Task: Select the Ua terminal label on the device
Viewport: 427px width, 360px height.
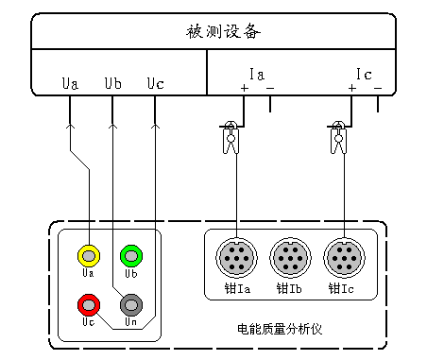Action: pos(70,83)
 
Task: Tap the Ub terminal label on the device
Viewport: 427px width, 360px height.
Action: pos(112,83)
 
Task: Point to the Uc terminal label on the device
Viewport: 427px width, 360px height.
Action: pos(156,83)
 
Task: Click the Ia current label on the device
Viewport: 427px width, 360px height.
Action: pos(256,74)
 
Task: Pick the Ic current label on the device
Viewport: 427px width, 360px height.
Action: pos(364,74)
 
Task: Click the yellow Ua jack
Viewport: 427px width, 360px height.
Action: pos(88,254)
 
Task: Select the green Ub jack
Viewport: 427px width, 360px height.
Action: pos(130,254)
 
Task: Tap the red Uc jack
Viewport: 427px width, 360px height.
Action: pos(88,304)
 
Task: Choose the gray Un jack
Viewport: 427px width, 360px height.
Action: pos(130,304)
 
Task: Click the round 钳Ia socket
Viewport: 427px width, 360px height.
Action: pos(235,256)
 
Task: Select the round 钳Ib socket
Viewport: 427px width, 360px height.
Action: pos(289,256)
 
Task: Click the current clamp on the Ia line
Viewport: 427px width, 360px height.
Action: pos(229,138)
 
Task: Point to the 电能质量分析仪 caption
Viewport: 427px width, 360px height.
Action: pos(280,329)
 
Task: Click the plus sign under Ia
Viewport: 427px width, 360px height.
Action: pos(244,89)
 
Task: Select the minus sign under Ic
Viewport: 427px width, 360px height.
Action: pos(378,89)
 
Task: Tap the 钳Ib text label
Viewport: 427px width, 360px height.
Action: pos(289,287)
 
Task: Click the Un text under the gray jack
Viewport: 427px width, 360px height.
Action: pos(130,323)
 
